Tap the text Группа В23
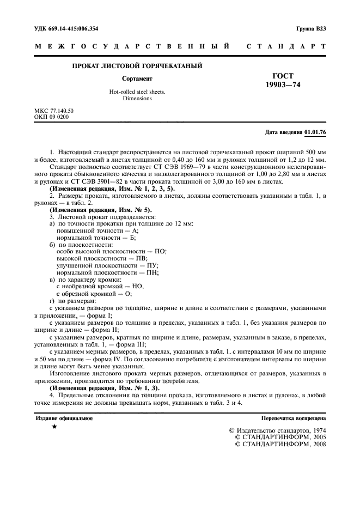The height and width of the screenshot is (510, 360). pyautogui.click(x=311, y=28)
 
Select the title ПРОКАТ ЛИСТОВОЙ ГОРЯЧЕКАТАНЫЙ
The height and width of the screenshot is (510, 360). pyautogui.click(x=137, y=66)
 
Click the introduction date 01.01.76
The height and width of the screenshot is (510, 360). pyautogui.click(x=315, y=132)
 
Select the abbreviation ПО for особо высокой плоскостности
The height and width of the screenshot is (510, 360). pyautogui.click(x=159, y=251)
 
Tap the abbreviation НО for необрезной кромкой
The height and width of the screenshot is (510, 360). pyautogui.click(x=137, y=287)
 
